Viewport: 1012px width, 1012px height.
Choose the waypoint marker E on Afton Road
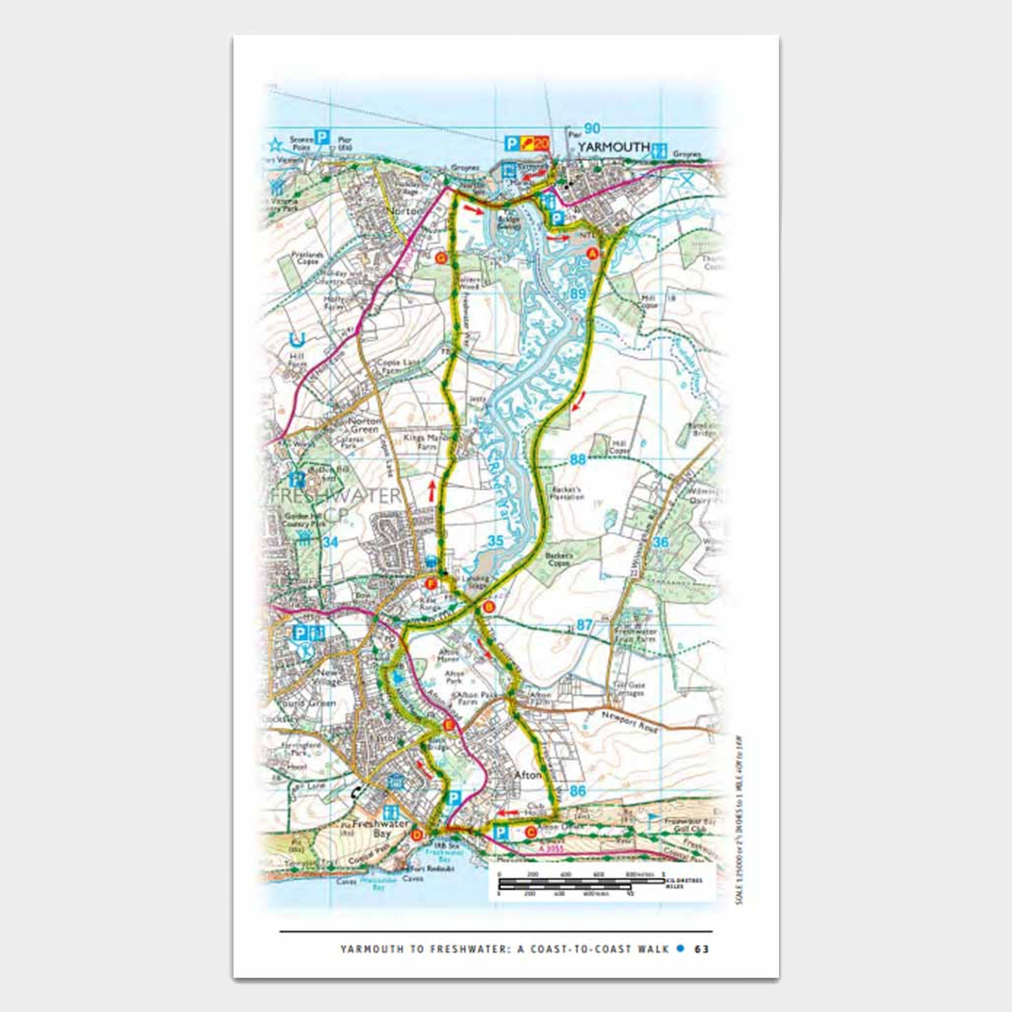pos(448,725)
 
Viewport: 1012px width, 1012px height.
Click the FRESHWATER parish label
pos(335,495)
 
